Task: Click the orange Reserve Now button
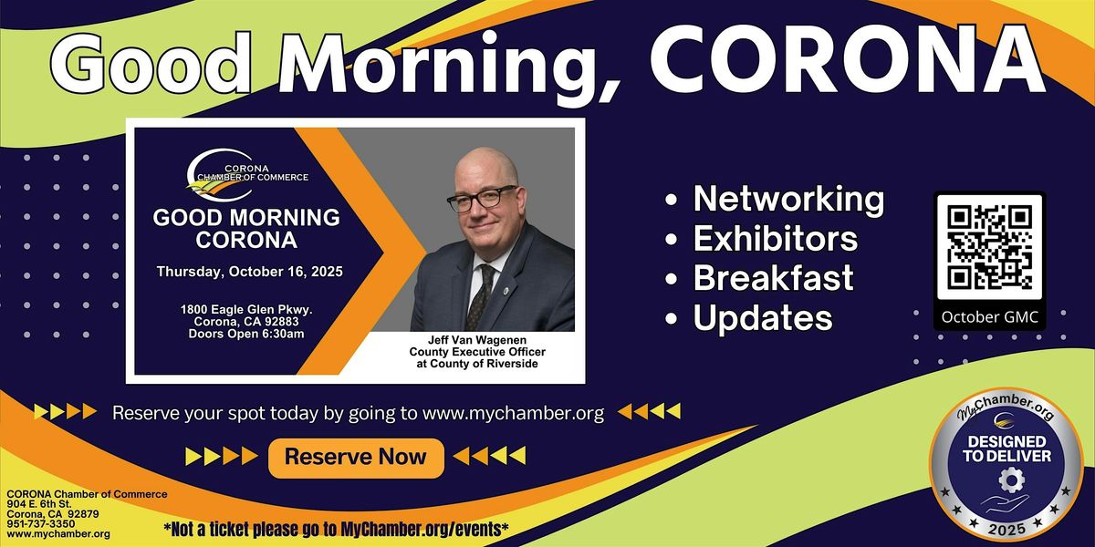pos(356,458)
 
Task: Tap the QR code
pos(989,247)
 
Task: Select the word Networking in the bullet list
pos(788,201)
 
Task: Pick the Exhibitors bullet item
pos(776,238)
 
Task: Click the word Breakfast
pos(774,277)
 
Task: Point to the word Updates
pos(763,318)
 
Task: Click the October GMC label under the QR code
pos(989,317)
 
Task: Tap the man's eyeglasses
pos(482,199)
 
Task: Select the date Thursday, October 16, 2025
pos(250,272)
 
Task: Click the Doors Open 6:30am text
pos(246,334)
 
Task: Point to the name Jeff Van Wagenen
pos(477,340)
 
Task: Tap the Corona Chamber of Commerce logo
pos(247,175)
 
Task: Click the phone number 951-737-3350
pos(41,524)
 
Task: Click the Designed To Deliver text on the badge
pos(1007,449)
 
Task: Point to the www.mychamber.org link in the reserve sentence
pos(513,414)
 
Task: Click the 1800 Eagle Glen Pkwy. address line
pos(246,309)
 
